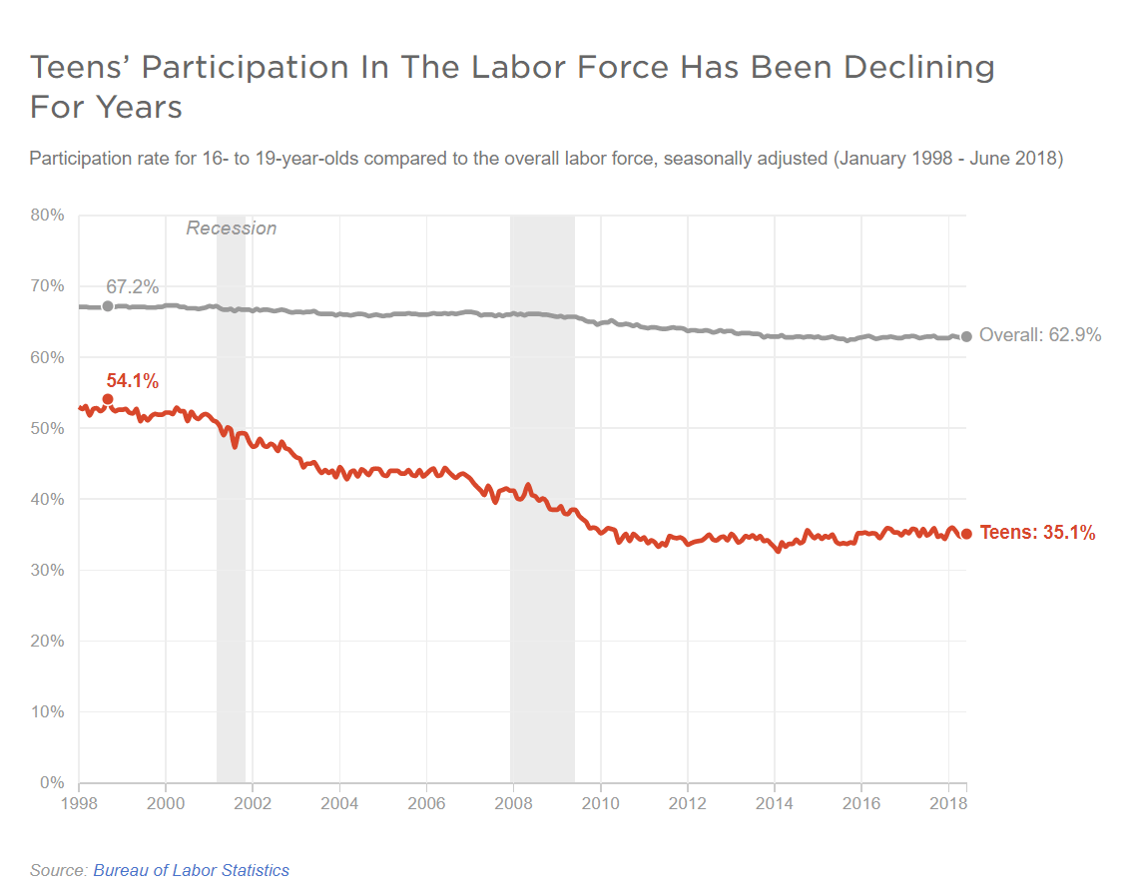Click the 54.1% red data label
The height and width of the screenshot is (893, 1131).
pos(133,380)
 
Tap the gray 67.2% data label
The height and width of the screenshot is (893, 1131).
pos(133,287)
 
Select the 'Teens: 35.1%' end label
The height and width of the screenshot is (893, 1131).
pos(1037,533)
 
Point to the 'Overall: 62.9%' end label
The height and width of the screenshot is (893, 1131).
pos(1040,335)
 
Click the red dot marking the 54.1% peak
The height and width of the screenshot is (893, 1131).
pos(108,399)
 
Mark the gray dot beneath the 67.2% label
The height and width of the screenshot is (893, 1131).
pos(108,305)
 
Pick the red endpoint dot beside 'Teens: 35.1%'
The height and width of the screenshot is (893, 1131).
pos(966,534)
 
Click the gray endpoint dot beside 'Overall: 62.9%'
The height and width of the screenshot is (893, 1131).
pos(966,336)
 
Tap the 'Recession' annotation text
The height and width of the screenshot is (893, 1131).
pos(232,228)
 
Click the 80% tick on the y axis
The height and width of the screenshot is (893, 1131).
pos(46,215)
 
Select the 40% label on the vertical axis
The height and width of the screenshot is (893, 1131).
pos(46,499)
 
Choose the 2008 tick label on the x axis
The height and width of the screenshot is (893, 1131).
pos(513,803)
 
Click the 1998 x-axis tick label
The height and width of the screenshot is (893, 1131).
pos(78,803)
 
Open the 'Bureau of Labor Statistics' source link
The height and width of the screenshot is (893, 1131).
pos(192,870)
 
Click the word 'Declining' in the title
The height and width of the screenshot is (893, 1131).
pos(919,67)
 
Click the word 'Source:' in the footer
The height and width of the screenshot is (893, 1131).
pos(59,870)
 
